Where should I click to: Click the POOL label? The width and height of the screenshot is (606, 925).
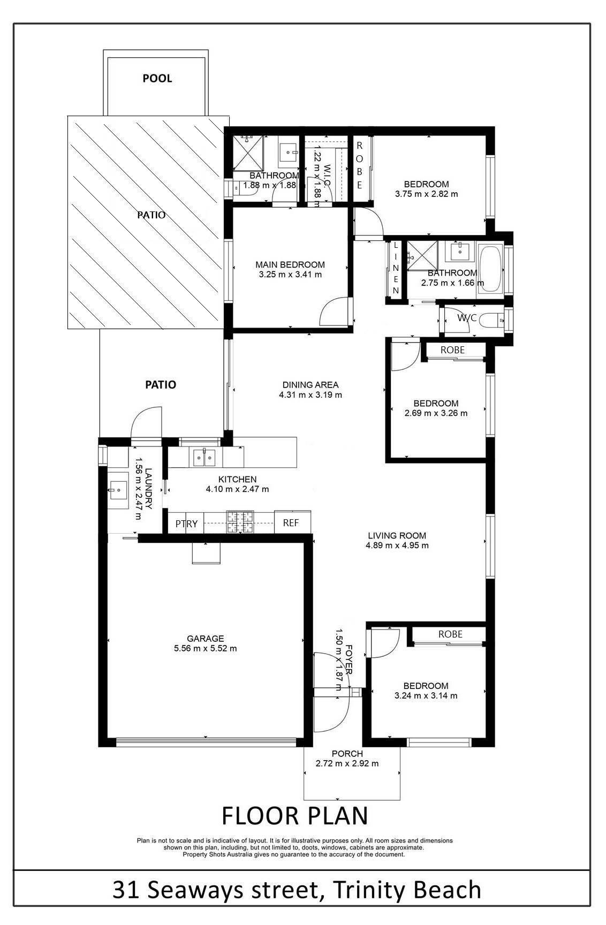157,79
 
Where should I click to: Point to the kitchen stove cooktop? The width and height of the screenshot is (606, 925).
240,523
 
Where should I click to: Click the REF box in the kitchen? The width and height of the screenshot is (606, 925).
292,522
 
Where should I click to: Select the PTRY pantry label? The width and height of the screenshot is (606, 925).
186,524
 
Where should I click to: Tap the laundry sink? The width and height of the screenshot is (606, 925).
117,489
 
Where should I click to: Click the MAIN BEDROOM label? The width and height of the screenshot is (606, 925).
290,264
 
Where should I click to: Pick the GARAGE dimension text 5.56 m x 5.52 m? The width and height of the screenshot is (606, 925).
206,648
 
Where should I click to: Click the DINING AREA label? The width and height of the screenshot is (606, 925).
310,384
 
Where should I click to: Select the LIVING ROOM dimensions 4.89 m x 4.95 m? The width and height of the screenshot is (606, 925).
397,545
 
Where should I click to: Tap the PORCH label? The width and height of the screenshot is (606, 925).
347,754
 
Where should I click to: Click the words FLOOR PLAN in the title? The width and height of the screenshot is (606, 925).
295,816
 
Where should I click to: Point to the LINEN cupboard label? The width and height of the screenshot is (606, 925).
396,268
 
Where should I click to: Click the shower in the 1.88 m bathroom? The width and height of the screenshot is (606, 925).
247,153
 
